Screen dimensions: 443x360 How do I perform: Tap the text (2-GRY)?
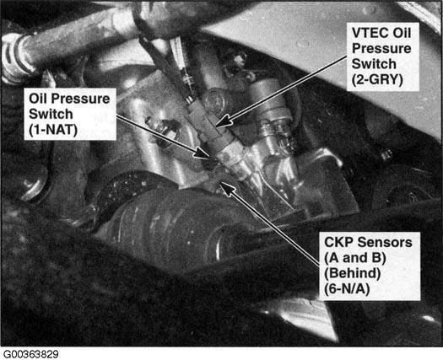click(x=377, y=80)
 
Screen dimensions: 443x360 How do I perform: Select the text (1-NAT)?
click(x=53, y=131)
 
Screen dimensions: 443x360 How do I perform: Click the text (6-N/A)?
click(x=347, y=289)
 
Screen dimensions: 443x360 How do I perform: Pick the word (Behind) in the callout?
click(x=353, y=274)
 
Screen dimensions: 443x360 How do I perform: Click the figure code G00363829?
click(x=30, y=354)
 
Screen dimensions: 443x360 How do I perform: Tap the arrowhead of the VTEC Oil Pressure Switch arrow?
click(x=224, y=121)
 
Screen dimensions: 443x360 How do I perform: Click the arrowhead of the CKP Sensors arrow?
click(x=227, y=188)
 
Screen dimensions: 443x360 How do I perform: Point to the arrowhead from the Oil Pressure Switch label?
click(x=202, y=153)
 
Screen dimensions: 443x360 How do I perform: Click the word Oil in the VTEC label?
click(x=402, y=33)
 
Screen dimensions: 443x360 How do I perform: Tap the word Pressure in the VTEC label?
click(x=381, y=49)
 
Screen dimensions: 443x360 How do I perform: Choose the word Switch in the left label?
click(x=51, y=114)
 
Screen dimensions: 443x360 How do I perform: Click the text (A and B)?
click(x=355, y=258)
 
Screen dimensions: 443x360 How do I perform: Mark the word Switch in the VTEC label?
click(x=374, y=64)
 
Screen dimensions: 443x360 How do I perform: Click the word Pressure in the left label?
click(x=80, y=99)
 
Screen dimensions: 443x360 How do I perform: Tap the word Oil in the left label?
click(x=38, y=99)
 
